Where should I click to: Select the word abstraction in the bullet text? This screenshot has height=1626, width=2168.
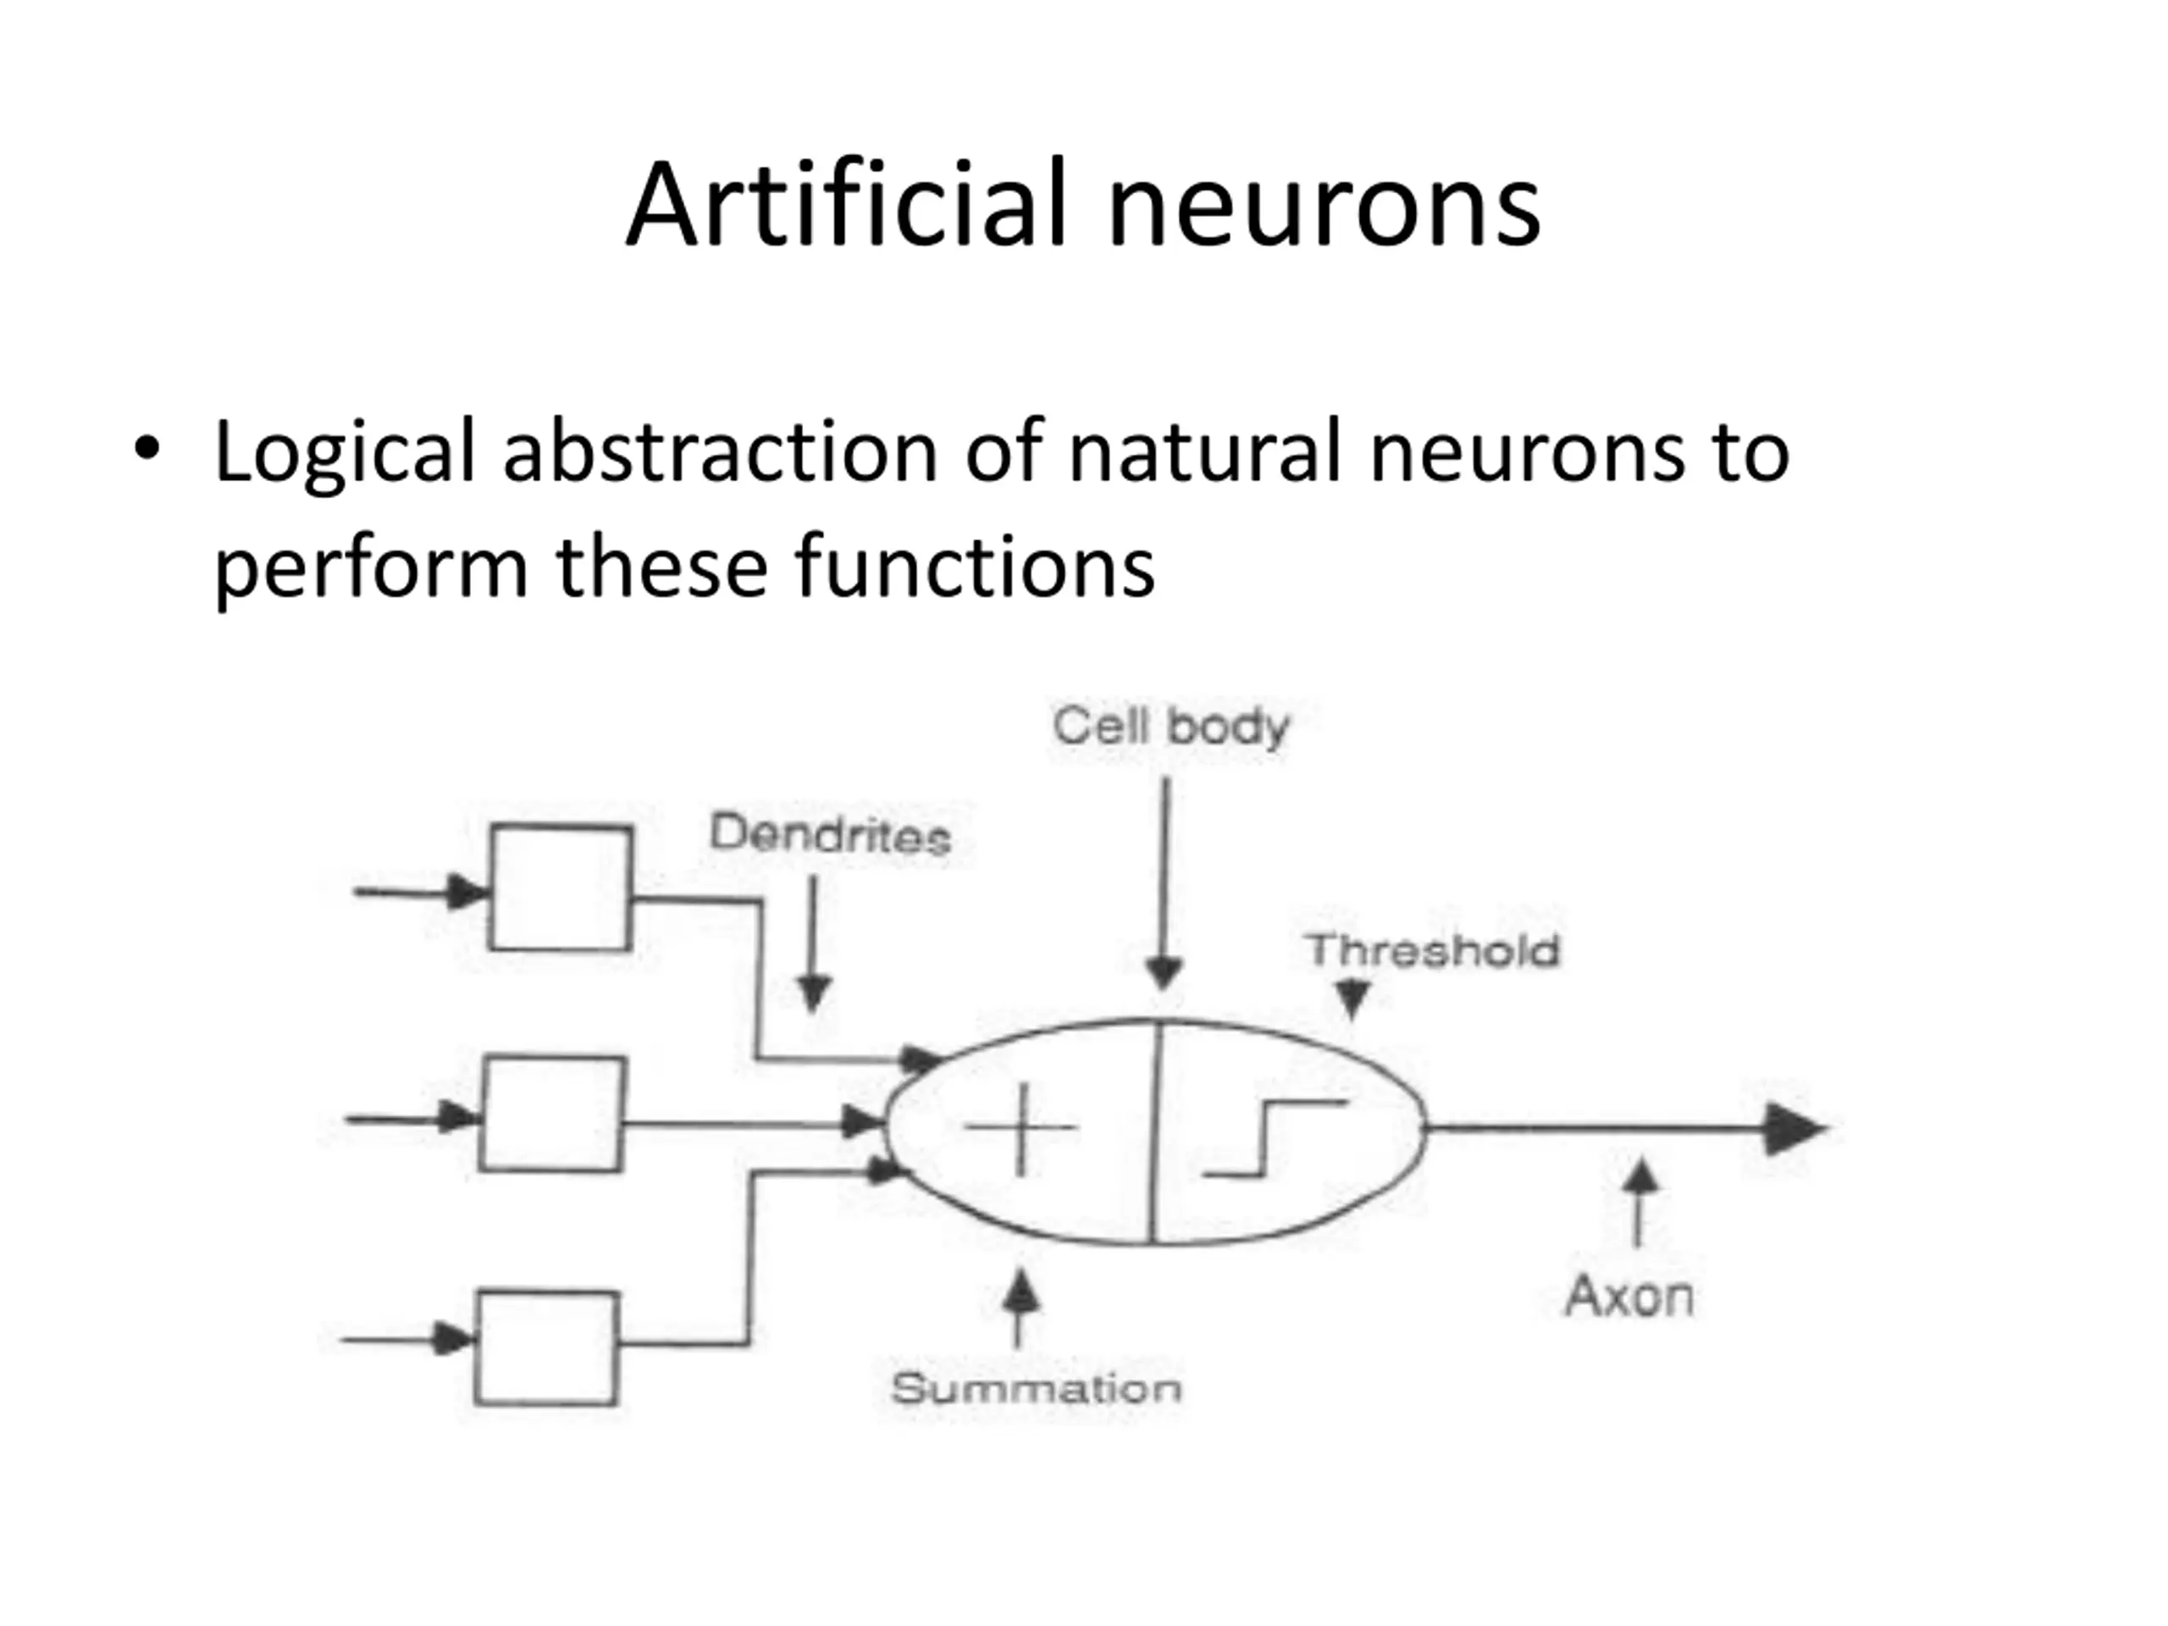click(x=721, y=451)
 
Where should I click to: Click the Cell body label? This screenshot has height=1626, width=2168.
click(x=1171, y=727)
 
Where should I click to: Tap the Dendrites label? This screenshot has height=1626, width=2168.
click(x=829, y=835)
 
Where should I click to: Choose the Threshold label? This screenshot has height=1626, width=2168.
click(x=1432, y=951)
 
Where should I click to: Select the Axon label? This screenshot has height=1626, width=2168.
click(x=1629, y=1296)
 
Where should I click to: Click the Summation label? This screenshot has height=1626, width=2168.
click(x=1036, y=1389)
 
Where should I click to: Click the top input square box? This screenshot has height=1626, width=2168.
click(x=561, y=888)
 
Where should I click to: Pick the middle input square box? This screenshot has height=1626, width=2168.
click(x=553, y=1114)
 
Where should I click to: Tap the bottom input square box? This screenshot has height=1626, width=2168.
click(x=547, y=1347)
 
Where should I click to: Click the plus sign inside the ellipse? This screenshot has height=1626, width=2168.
click(x=1021, y=1128)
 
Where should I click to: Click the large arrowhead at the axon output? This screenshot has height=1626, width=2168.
click(x=1793, y=1129)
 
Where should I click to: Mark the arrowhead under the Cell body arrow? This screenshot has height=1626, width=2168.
click(x=1164, y=973)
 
